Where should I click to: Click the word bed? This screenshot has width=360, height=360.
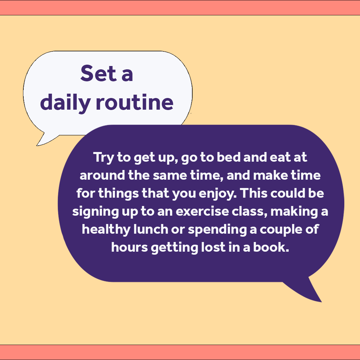click(x=229, y=157)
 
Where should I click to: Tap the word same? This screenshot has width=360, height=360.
click(x=168, y=175)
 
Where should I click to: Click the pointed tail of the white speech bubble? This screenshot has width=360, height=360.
click(x=42, y=142)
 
